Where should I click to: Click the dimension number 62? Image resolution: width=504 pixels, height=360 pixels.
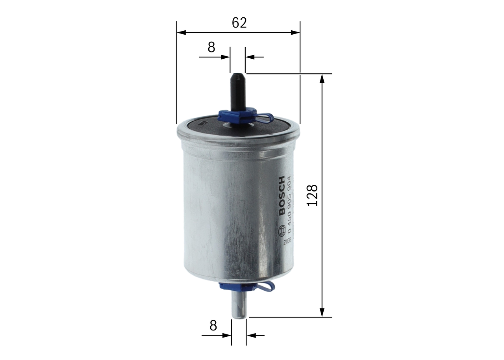click(x=239, y=23)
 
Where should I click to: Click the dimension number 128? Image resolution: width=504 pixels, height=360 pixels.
click(x=312, y=195)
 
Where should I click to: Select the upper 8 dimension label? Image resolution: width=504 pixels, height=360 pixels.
click(x=211, y=47)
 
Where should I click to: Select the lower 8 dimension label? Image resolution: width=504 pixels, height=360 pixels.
click(x=213, y=325)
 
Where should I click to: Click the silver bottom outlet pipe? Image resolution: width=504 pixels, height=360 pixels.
click(x=239, y=306)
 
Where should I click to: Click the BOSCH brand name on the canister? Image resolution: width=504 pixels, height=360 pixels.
click(x=282, y=196)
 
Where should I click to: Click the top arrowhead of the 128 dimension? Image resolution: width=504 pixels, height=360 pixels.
click(x=322, y=78)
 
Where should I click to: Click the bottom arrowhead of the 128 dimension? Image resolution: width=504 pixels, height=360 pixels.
click(x=322, y=312)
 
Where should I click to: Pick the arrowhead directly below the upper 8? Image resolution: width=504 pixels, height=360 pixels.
click(x=225, y=57)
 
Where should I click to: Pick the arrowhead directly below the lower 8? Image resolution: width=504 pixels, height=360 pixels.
click(x=227, y=336)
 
